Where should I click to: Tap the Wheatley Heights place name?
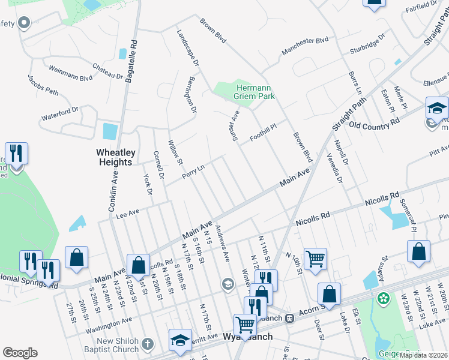[x=114, y=157]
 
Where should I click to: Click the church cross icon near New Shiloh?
[x=148, y=345]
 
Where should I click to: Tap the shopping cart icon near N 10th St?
[x=315, y=259]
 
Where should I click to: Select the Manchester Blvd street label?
[x=306, y=42]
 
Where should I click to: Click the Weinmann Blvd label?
[x=70, y=73]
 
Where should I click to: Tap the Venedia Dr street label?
[x=333, y=167]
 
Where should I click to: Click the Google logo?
[x=20, y=352]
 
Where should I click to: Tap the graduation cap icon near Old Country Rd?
[x=437, y=109]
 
